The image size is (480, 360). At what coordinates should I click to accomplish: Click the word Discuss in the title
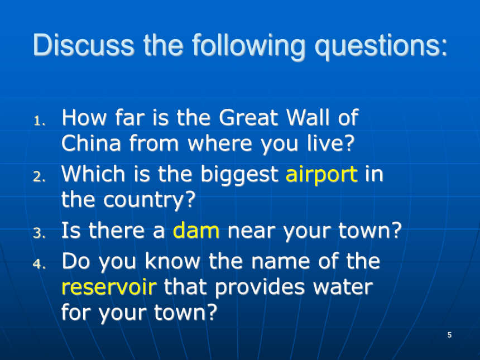(x=84, y=45)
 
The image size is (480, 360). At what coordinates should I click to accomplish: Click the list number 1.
(x=39, y=121)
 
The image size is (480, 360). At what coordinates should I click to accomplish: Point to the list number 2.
(x=39, y=176)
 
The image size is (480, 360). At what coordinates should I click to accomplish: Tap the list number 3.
(x=39, y=233)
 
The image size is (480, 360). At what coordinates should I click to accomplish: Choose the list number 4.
(x=39, y=263)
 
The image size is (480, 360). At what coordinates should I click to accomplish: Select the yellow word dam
(x=196, y=230)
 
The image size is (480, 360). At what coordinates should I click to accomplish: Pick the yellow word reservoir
(x=109, y=287)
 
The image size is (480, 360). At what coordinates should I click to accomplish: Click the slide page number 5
(x=449, y=335)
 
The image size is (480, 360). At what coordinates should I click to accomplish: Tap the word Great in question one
(x=248, y=117)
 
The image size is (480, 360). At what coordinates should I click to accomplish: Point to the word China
(x=91, y=143)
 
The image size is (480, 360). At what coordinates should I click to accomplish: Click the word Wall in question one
(x=308, y=117)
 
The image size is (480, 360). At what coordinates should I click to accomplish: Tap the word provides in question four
(x=260, y=287)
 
